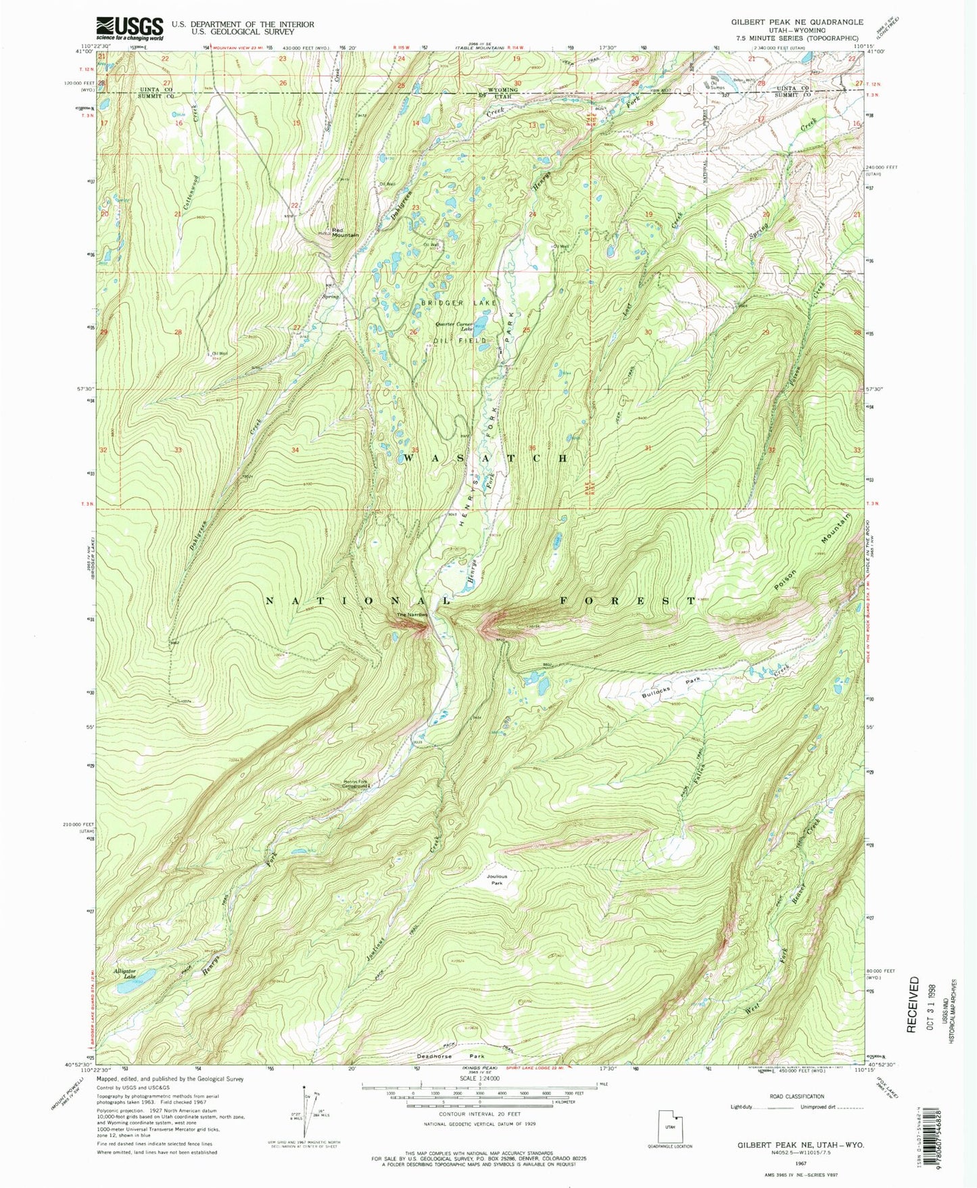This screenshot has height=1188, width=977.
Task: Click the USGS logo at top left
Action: pyautogui.click(x=130, y=28)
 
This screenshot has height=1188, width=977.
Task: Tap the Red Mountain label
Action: pyautogui.click(x=345, y=233)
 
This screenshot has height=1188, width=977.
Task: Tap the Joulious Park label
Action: pyautogui.click(x=497, y=880)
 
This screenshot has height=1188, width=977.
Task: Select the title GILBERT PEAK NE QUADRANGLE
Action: pyautogui.click(x=796, y=22)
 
